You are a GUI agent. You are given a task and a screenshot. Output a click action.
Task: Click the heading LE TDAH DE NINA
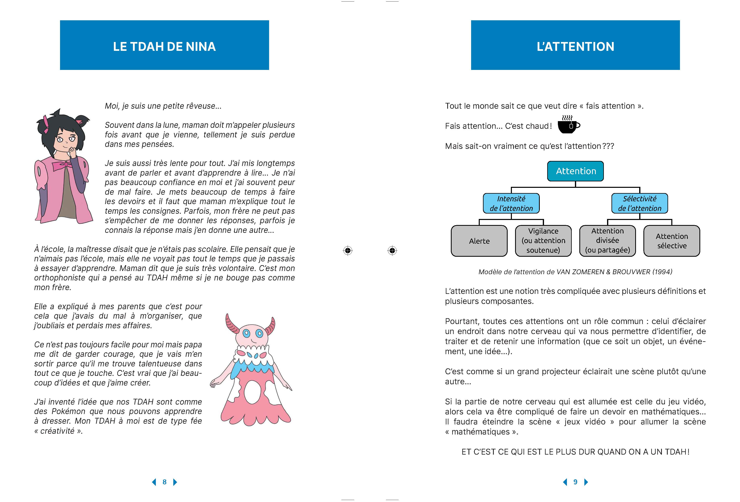(164, 47)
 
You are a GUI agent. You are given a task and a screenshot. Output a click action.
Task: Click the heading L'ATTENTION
(575, 47)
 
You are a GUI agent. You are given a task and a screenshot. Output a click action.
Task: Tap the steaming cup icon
(568, 125)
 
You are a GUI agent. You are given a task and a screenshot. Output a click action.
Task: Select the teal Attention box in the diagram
(575, 171)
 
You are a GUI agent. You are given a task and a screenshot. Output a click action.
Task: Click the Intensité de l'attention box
(511, 203)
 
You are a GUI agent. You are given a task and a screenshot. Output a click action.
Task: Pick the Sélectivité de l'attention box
(639, 203)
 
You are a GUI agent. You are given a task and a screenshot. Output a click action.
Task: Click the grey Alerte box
(479, 241)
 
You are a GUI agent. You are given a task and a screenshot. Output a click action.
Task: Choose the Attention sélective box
(672, 241)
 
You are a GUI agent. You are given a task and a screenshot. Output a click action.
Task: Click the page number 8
(164, 482)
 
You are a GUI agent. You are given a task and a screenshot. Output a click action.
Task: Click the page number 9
(575, 482)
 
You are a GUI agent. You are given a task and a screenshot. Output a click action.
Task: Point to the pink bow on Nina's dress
(62, 166)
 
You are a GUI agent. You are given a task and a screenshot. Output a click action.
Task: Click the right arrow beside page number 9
(586, 482)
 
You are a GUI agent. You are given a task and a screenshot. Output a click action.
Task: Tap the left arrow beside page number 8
(154, 482)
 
